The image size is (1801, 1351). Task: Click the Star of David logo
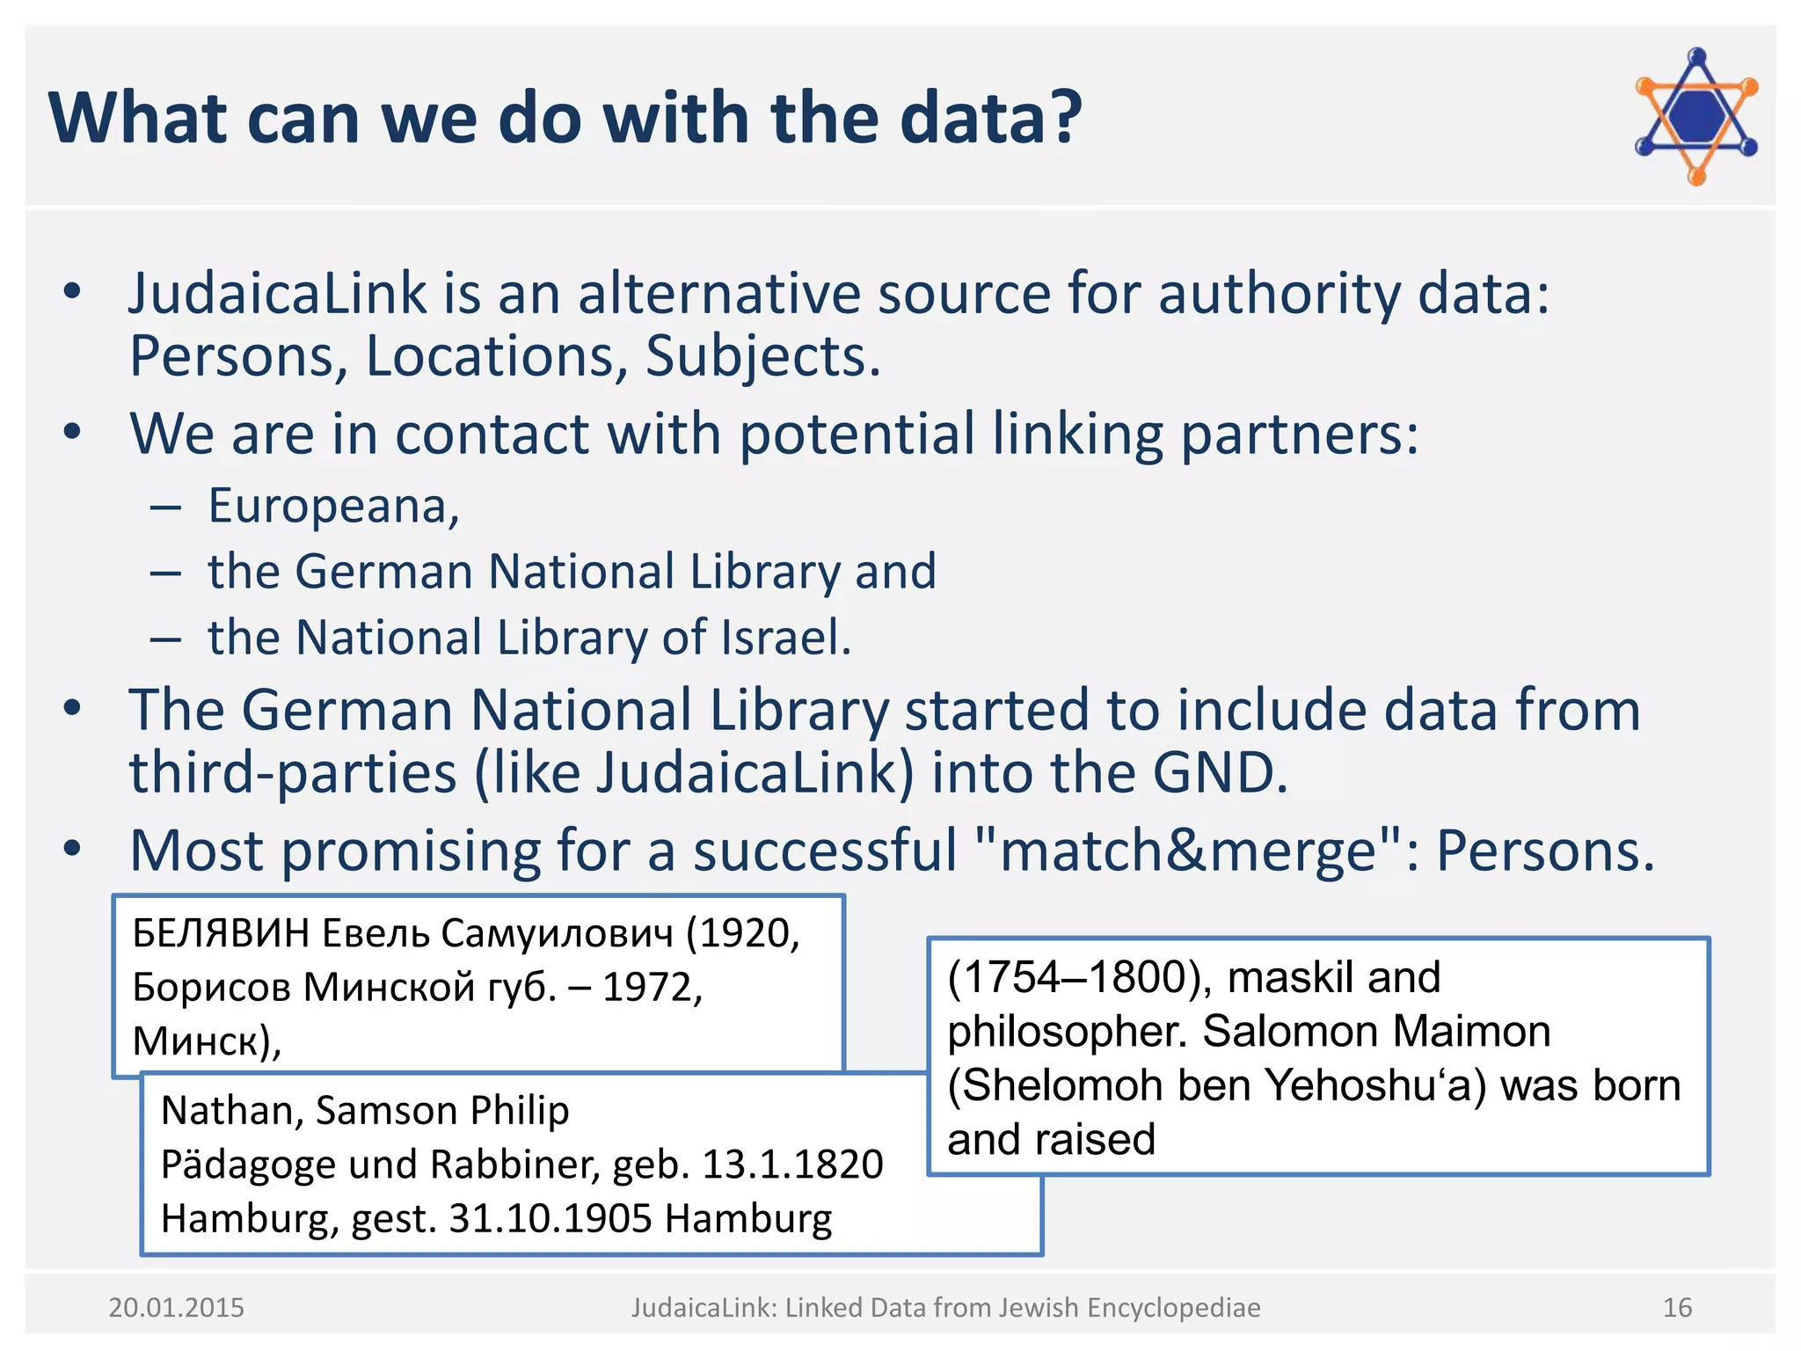point(1696,117)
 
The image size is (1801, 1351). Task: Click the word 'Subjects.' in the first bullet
point(762,356)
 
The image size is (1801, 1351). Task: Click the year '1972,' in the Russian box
point(653,988)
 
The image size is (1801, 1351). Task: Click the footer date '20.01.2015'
point(176,1308)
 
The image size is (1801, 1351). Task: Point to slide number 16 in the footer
point(1677,1308)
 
